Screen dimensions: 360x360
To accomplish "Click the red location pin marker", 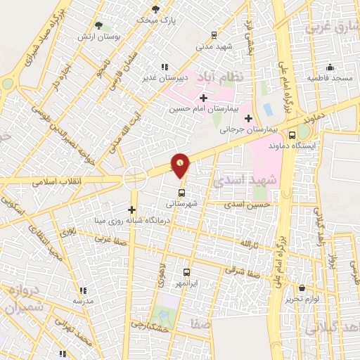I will pyautogui.click(x=181, y=166).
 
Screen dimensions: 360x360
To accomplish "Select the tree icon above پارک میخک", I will pyautogui.click(x=155, y=9).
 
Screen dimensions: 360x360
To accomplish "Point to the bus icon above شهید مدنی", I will pyautogui.click(x=214, y=35).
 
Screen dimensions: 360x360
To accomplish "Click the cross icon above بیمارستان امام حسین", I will pyautogui.click(x=203, y=98).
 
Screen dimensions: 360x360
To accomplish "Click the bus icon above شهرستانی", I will pyautogui.click(x=181, y=193).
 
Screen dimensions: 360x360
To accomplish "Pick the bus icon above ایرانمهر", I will pyautogui.click(x=187, y=271).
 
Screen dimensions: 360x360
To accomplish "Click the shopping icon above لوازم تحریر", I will pyautogui.click(x=302, y=288).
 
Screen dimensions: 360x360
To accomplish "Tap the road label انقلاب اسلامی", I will pyautogui.click(x=57, y=181).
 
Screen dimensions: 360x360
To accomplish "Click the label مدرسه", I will pyautogui.click(x=83, y=300).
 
